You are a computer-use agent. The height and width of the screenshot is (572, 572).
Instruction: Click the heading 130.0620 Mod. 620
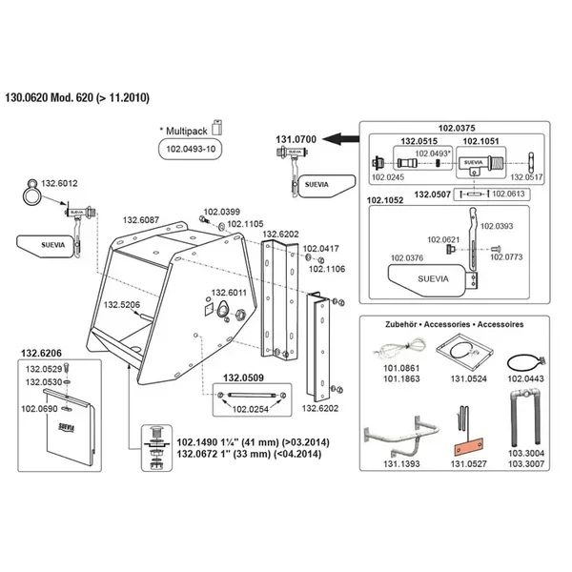coord(81,97)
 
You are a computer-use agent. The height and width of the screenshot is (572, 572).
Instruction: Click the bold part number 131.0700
coord(296,139)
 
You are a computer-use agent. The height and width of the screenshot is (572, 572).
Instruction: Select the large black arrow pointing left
coord(338,139)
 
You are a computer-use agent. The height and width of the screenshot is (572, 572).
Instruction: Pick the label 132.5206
coord(122,304)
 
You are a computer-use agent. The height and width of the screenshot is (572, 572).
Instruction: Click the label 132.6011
coord(229,293)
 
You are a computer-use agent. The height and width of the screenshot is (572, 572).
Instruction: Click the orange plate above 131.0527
coord(468,445)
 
